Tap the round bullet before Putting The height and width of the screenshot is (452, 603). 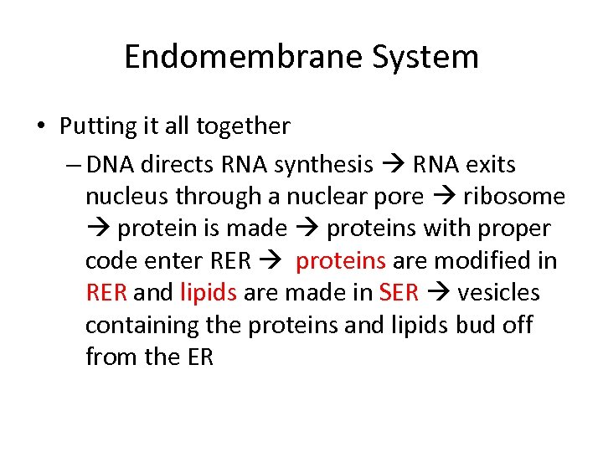[x=41, y=127]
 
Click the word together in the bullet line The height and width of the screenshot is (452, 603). [x=243, y=126]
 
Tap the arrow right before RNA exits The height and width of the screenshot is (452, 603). [x=393, y=165]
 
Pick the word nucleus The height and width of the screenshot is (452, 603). [x=122, y=198]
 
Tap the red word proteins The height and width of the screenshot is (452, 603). [x=341, y=261]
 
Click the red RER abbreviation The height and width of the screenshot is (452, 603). [x=106, y=293]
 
